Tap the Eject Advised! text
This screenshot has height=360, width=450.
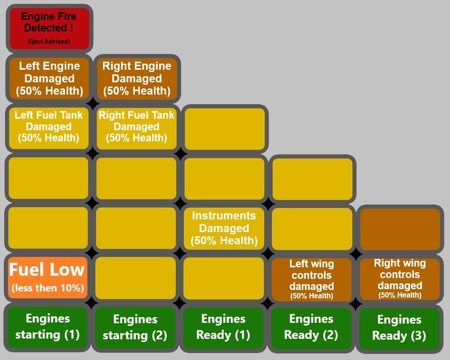click(49, 41)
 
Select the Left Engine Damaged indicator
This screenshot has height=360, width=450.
click(49, 79)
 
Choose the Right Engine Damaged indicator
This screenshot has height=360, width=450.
click(137, 79)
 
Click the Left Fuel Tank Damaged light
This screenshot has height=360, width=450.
click(49, 127)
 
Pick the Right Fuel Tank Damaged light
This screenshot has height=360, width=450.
click(137, 127)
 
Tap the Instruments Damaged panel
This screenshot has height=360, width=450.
click(224, 228)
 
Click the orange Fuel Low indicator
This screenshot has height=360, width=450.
click(47, 270)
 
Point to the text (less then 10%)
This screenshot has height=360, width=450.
click(48, 288)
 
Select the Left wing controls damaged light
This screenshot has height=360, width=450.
click(311, 279)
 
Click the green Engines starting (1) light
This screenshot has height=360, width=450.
click(47, 327)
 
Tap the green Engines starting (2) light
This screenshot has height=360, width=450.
click(135, 327)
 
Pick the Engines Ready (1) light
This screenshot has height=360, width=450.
click(223, 327)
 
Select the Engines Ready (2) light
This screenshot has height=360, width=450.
click(311, 327)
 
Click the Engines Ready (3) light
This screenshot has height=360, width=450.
click(399, 328)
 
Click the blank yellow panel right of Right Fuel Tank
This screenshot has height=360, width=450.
click(225, 129)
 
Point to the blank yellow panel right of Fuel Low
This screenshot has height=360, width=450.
click(136, 278)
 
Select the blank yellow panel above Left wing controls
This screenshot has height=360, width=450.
click(312, 229)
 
